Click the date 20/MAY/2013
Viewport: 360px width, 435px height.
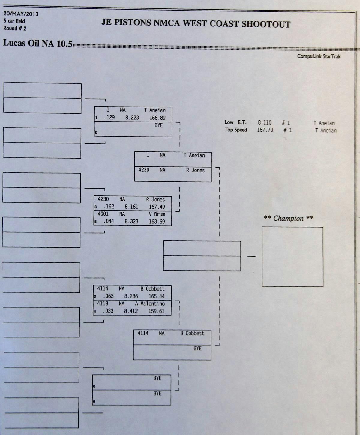(21, 14)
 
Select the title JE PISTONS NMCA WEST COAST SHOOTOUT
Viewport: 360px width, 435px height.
(196, 24)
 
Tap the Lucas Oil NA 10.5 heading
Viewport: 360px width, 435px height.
(38, 44)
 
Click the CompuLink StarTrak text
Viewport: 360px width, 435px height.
(319, 56)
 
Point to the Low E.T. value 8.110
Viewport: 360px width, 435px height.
(264, 122)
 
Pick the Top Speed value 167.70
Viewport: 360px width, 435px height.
(265, 130)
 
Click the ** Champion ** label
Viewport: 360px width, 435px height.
(288, 218)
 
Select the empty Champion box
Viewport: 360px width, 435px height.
(292, 257)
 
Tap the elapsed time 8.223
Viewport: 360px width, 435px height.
(132, 118)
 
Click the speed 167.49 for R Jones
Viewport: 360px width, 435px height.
(157, 207)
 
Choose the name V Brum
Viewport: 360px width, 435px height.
(157, 214)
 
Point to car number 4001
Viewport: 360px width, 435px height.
(103, 214)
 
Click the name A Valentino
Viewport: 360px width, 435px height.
(150, 304)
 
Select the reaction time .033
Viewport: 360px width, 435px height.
(108, 311)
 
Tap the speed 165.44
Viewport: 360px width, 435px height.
(157, 296)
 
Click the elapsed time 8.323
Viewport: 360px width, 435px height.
(131, 222)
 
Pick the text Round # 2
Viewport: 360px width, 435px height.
(15, 29)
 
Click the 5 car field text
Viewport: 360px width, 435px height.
(14, 21)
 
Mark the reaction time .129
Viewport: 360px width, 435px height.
(109, 118)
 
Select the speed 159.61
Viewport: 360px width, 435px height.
(156, 311)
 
